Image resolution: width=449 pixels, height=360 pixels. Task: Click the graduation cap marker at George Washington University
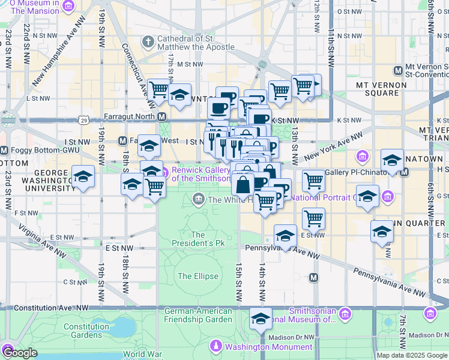point(83,176)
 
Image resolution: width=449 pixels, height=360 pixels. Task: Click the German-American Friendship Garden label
point(198,314)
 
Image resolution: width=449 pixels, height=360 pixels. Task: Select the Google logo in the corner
point(20,353)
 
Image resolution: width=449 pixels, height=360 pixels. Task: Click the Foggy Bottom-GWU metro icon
point(4,150)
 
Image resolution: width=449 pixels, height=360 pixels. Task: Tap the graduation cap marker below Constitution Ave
point(261,319)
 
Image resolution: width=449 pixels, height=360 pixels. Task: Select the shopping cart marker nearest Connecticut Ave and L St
point(159,90)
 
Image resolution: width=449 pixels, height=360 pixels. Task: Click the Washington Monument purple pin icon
point(216,347)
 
